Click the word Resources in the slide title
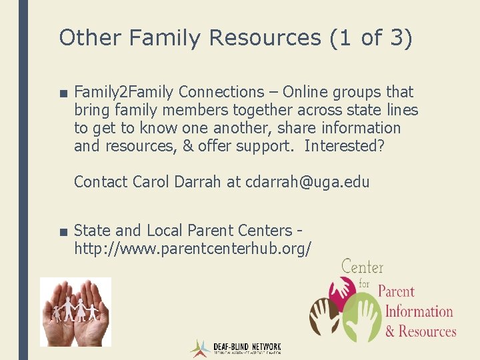point(265,38)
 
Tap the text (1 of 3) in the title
point(371,38)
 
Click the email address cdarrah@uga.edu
point(307,182)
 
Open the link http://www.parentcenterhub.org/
point(193,249)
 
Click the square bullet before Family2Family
point(63,93)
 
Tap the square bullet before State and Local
point(63,231)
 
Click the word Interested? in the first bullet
point(344,146)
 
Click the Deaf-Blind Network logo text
point(247,348)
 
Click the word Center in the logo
point(363,267)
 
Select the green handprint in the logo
point(360,319)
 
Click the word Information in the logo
point(419,311)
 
